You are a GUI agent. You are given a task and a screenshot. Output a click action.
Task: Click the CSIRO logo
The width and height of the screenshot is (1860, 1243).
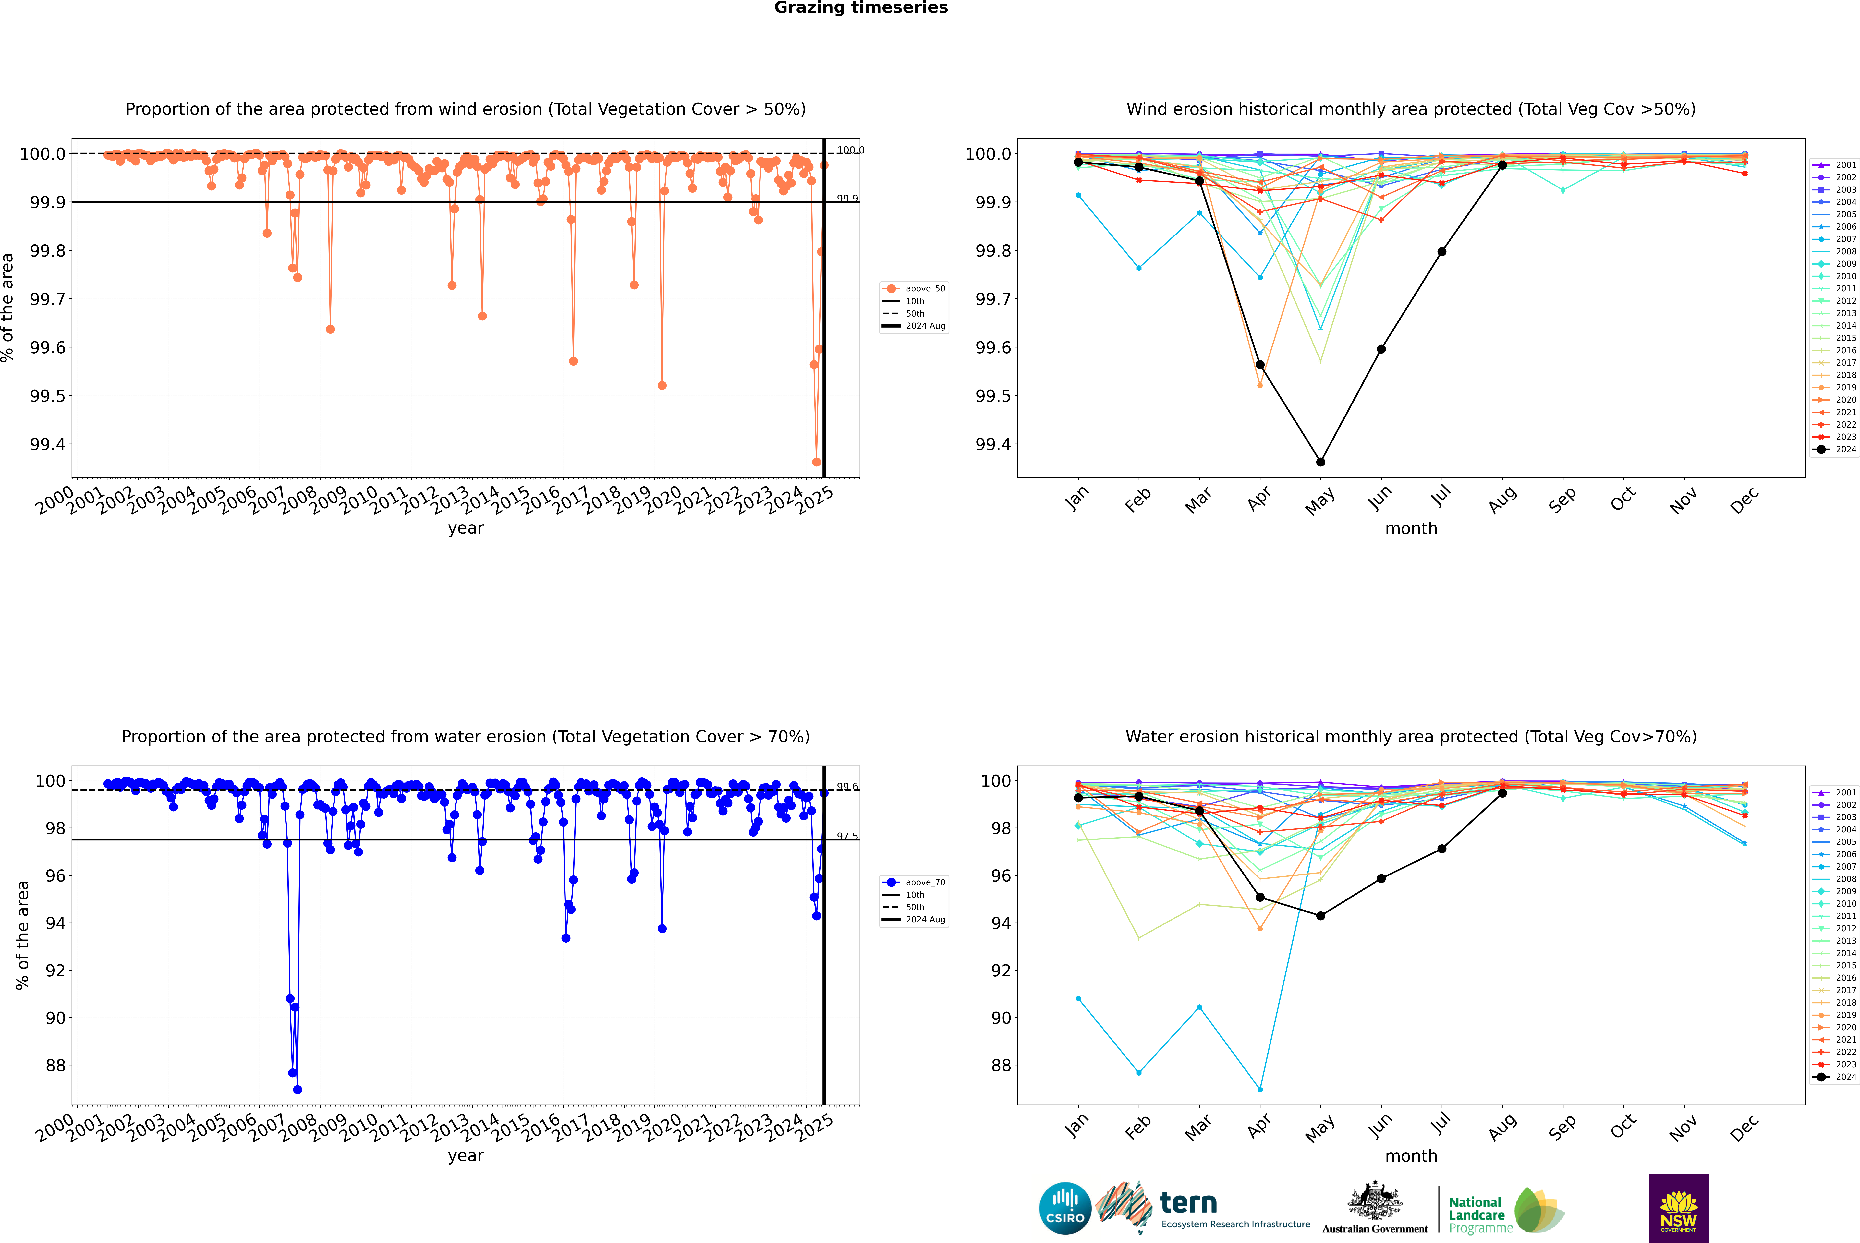click(1065, 1208)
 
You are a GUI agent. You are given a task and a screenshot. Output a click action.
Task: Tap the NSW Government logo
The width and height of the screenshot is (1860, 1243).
click(1678, 1208)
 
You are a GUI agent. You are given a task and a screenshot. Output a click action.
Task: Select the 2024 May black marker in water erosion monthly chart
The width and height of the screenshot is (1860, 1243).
click(1320, 916)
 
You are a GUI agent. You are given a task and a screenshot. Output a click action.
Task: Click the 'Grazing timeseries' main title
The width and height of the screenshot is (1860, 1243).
click(861, 8)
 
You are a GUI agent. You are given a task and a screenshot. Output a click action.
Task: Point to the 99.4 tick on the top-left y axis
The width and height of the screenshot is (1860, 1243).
click(48, 445)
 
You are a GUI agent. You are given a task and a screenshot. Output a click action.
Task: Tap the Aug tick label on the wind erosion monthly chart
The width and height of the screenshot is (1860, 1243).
click(1502, 499)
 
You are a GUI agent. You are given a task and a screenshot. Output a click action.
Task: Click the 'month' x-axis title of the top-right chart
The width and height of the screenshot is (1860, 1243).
click(1410, 529)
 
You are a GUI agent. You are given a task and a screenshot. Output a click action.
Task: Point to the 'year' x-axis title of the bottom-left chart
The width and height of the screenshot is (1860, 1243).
click(465, 1156)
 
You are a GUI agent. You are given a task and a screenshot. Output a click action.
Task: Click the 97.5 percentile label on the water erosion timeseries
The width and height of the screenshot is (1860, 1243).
click(847, 836)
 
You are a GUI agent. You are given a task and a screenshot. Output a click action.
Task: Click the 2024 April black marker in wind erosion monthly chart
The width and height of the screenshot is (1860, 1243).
click(1260, 365)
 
